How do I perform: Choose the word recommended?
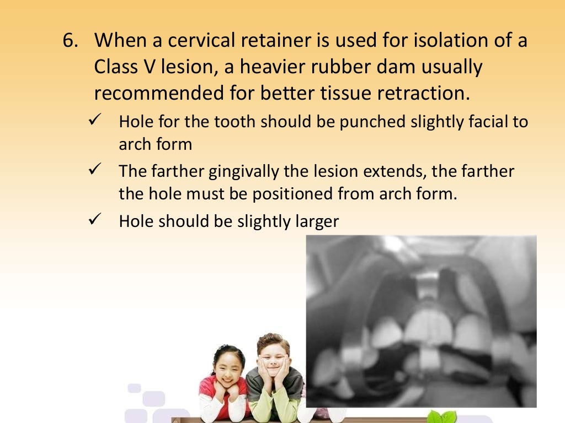coord(158,94)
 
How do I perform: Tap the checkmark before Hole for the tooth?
coord(93,120)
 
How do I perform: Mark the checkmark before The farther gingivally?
coord(93,170)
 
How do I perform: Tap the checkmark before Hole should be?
coord(93,220)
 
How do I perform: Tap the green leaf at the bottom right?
coord(445,417)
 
